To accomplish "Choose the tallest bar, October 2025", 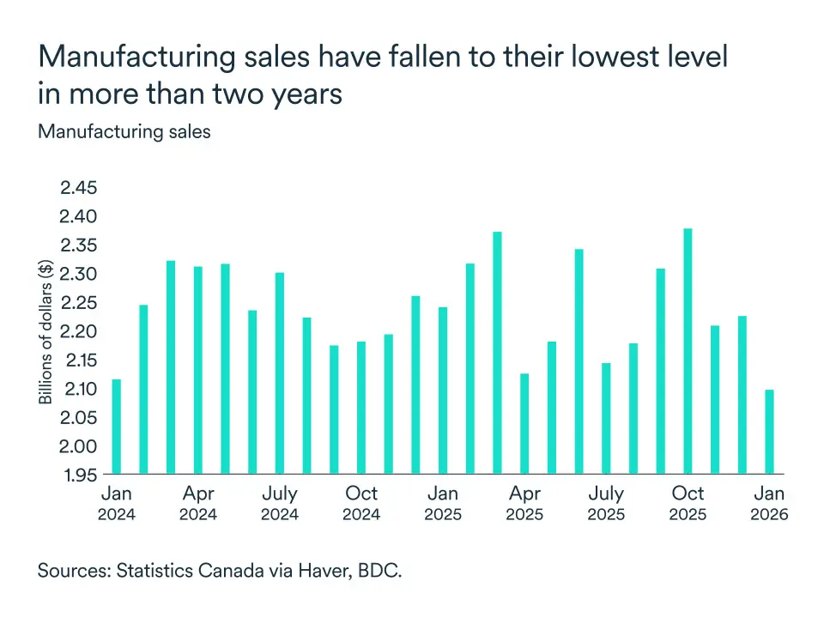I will click(688, 351).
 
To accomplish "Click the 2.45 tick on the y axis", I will click(79, 188).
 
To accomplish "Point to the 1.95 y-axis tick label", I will click(79, 475).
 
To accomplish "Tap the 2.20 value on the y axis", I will click(79, 331).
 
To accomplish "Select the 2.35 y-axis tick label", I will click(79, 245).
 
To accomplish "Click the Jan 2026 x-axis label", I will click(769, 504).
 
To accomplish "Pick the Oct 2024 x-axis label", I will click(361, 504).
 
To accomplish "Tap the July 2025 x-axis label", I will click(606, 504).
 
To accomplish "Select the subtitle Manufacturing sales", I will click(124, 132).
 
